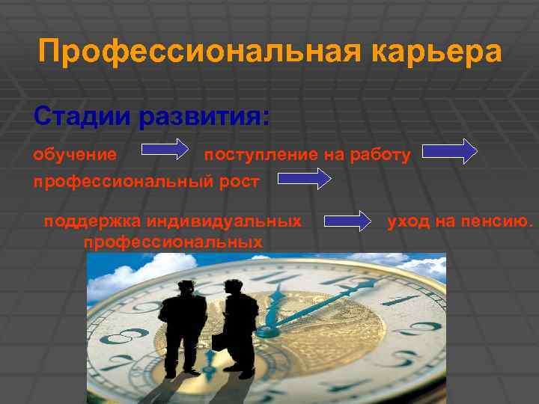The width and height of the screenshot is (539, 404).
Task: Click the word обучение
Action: pos(75,155)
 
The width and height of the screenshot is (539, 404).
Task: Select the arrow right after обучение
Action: pos(165,150)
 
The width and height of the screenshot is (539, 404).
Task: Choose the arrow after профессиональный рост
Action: pos(305,179)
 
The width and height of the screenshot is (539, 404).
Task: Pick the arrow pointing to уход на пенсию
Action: pos(347,221)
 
